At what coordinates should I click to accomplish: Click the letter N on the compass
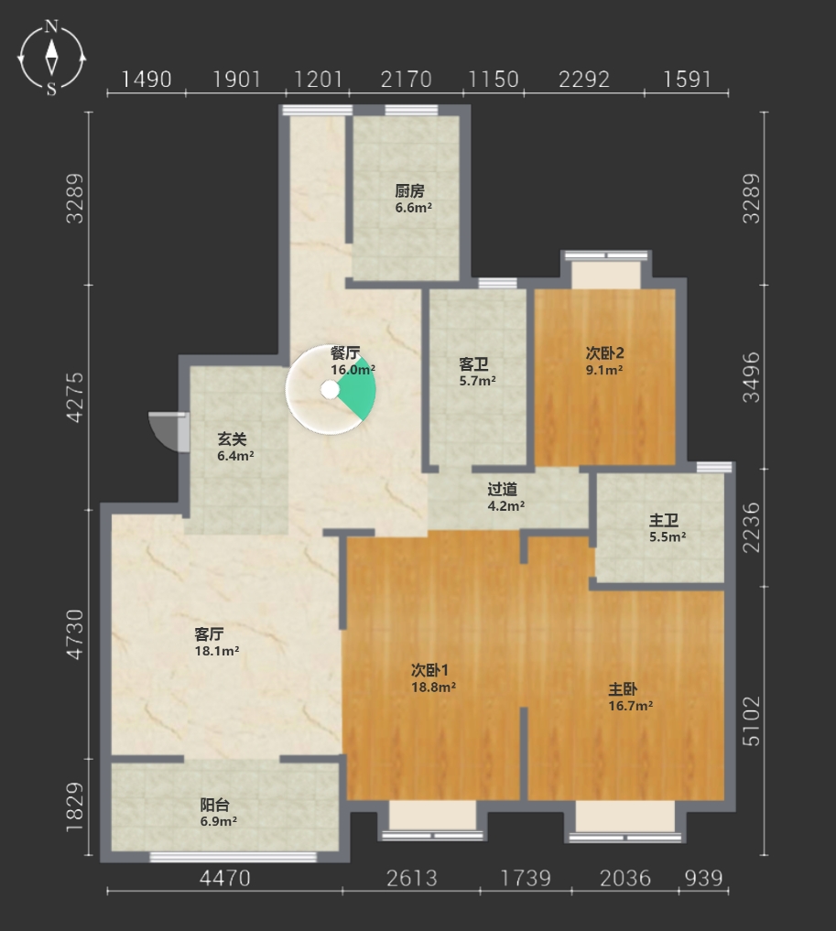tap(52, 27)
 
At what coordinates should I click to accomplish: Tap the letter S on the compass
tap(51, 90)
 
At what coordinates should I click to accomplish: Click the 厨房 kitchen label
tap(409, 191)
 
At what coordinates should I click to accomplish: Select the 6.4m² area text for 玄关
tap(235, 456)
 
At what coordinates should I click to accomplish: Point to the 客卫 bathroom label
tap(473, 364)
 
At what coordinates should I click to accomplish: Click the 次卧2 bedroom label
tap(604, 353)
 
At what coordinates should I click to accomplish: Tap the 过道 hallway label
tap(503, 489)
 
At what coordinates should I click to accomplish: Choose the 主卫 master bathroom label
tap(664, 521)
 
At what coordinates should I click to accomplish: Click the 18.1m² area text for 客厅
tap(217, 651)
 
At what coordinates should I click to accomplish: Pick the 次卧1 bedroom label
tap(429, 670)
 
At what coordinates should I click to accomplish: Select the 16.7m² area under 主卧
tap(631, 706)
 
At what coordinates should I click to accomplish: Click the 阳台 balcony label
tap(215, 805)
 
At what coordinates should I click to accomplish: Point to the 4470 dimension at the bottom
tap(225, 878)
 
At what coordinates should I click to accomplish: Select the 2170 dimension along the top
tap(407, 79)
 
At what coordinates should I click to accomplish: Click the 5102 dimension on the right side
tap(751, 720)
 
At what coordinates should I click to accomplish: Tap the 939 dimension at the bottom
tap(703, 878)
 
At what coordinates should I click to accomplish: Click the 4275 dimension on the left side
tap(75, 397)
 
